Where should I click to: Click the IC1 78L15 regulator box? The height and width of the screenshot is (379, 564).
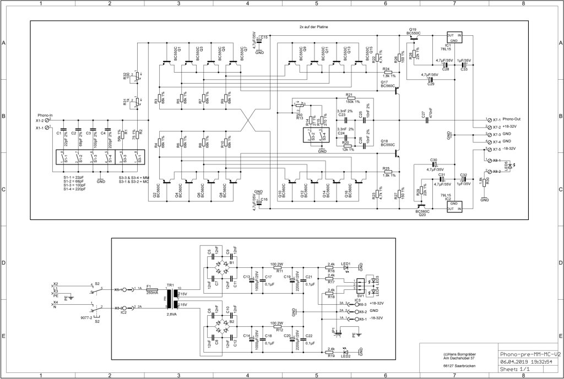454,37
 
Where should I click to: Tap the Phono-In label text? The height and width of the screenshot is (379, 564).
45,114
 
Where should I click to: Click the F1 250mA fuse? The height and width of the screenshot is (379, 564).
152,289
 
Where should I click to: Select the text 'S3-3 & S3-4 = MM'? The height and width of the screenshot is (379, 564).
134,179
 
